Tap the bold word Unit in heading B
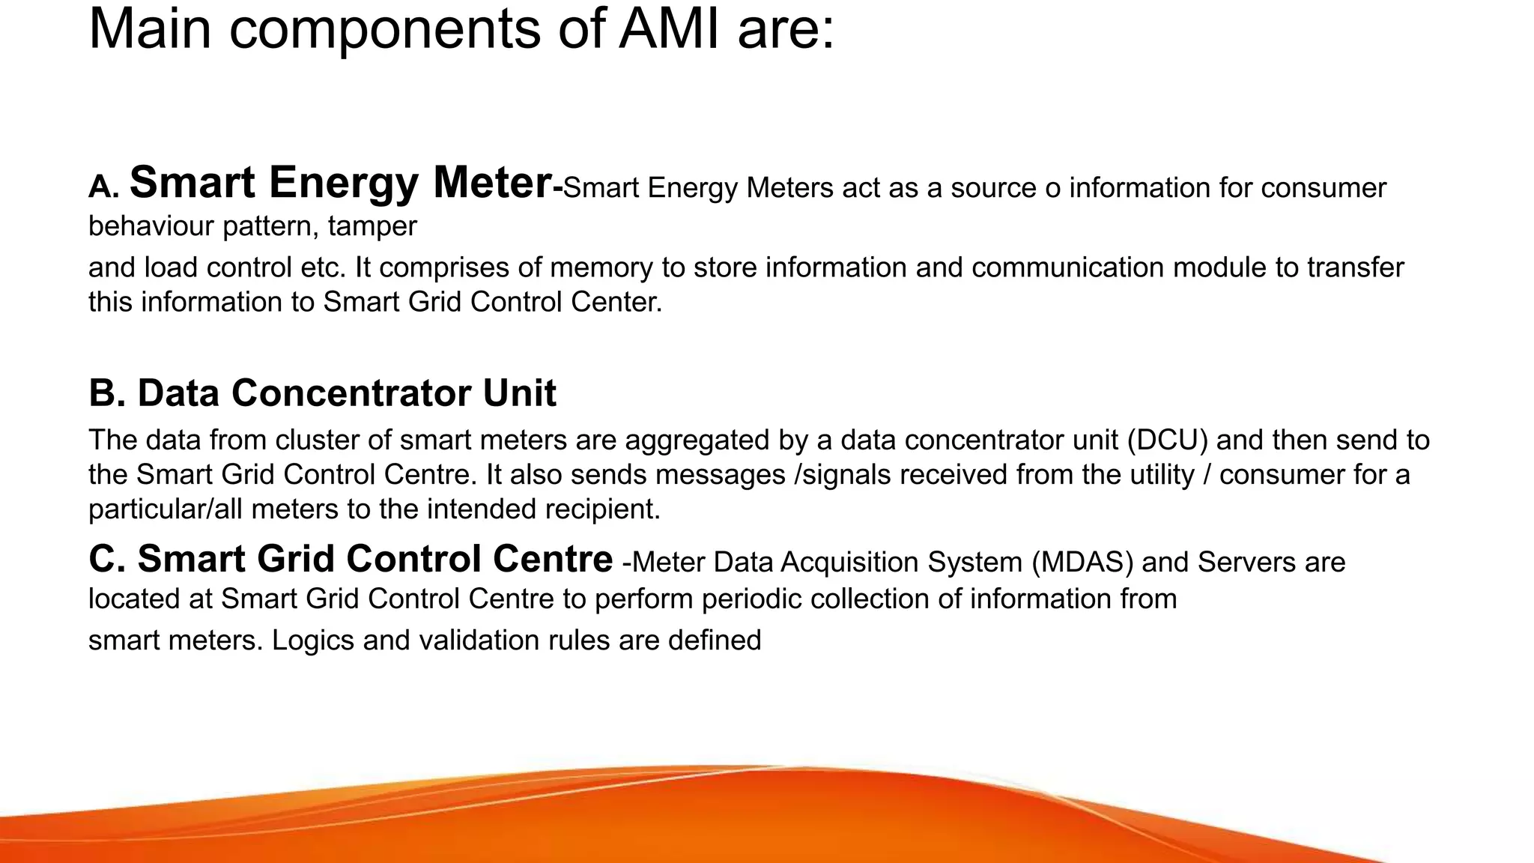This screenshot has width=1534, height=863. (519, 393)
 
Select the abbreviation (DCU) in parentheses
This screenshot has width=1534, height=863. (1167, 440)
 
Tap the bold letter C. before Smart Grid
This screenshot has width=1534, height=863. (107, 559)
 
